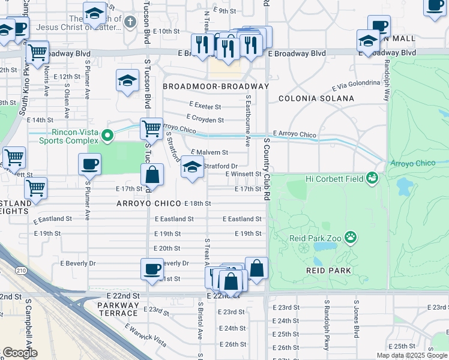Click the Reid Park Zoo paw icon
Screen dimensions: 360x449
pyautogui.click(x=351, y=239)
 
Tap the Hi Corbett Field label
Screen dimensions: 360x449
pyautogui.click(x=334, y=178)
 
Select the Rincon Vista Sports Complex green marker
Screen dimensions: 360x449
pyautogui.click(x=107, y=136)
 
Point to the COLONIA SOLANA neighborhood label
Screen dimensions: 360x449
pyautogui.click(x=316, y=98)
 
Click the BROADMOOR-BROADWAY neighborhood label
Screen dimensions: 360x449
pyautogui.click(x=215, y=86)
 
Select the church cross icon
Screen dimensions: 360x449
pyautogui.click(x=131, y=22)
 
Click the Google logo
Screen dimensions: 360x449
pyautogui.click(x=20, y=352)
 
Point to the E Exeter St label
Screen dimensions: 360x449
pyautogui.click(x=205, y=106)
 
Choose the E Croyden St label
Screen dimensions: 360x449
pyautogui.click(x=205, y=119)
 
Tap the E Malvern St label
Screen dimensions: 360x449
pyautogui.click(x=209, y=153)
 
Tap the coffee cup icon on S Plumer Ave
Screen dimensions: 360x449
pyautogui.click(x=89, y=163)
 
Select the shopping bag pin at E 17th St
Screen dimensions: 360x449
pyautogui.click(x=152, y=175)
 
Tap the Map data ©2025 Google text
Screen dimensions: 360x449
pyautogui.click(x=411, y=355)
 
